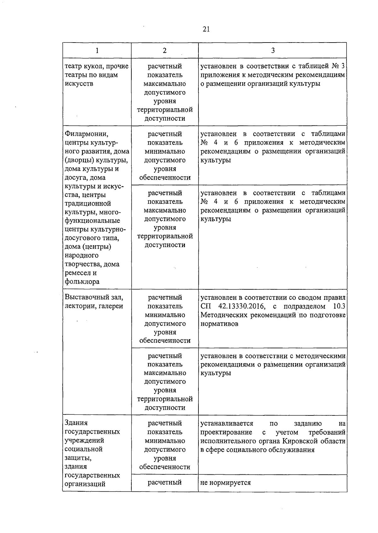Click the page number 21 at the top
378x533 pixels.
tap(206, 29)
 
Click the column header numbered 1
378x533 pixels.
tap(97, 50)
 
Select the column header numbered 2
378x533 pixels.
tap(165, 50)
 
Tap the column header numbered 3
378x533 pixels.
tap(273, 50)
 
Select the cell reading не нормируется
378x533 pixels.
tap(226, 483)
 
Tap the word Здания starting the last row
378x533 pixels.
tap(76, 423)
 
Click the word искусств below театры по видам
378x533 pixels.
tap(79, 84)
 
